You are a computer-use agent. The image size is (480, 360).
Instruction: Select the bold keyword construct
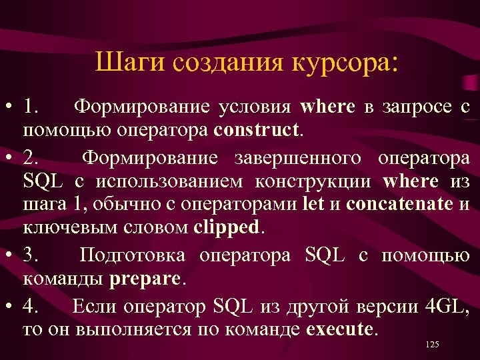point(258,129)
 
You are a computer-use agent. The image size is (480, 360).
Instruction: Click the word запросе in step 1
point(407,107)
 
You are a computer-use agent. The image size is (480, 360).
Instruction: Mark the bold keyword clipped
point(228,227)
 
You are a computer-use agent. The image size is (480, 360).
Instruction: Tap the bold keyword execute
point(341,329)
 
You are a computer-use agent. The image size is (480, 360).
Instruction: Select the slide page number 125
point(432,344)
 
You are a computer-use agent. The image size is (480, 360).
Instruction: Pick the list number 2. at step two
point(31,159)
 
